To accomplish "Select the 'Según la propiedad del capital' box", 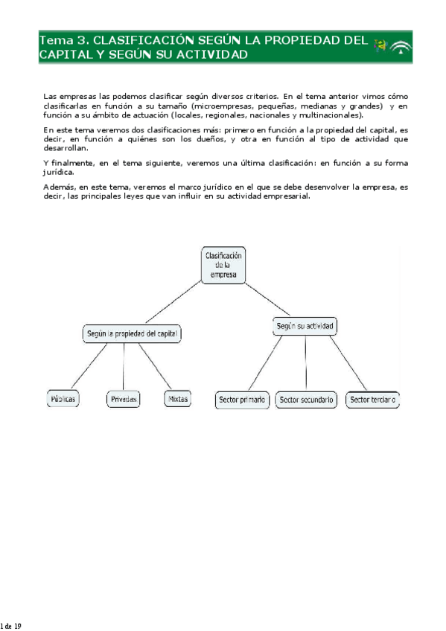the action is coord(132,335).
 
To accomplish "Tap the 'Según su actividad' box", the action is coord(305,327).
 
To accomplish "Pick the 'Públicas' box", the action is coord(63,400).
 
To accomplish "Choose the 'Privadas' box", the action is coord(124,400).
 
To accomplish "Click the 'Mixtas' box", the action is coord(177,400).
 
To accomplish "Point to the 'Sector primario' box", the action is coord(242,400).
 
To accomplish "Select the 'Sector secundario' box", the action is coord(306,400).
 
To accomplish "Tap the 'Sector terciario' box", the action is coord(373,400).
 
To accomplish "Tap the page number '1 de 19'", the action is coord(10,627).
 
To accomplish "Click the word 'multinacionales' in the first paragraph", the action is coord(328,115).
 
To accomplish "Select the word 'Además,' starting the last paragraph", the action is coord(59,187).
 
